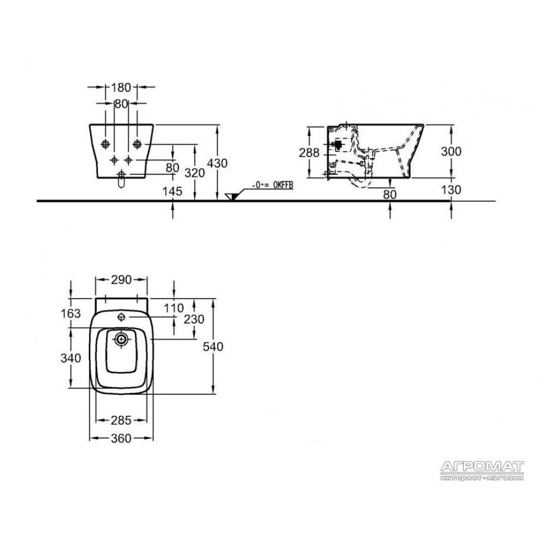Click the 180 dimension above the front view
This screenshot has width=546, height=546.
(121, 87)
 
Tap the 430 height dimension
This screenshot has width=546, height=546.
(217, 163)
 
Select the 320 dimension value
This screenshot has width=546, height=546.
(194, 173)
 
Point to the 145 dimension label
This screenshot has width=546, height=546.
(173, 191)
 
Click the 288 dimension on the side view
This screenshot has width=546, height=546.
(309, 152)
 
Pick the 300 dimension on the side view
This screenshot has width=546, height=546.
(451, 151)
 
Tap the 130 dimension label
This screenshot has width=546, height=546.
(451, 190)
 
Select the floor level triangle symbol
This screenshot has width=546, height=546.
(231, 197)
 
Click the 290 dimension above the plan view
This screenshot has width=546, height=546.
(121, 280)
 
